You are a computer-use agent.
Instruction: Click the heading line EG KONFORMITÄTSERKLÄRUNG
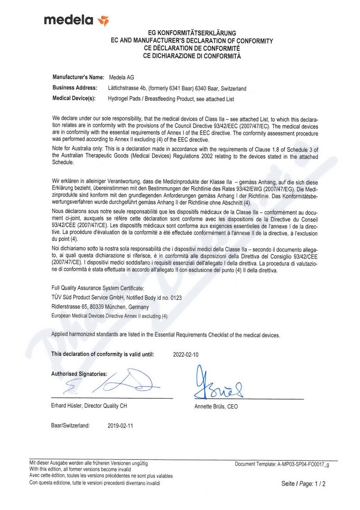[x=192, y=33]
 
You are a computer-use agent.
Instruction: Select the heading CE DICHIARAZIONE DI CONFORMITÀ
[x=192, y=56]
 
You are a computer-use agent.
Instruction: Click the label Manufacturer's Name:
[x=78, y=77]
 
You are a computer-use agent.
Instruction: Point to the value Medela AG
[x=121, y=77]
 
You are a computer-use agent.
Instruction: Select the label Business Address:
[x=75, y=88]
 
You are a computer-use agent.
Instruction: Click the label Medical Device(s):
[x=74, y=99]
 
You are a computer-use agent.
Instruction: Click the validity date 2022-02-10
[x=186, y=354]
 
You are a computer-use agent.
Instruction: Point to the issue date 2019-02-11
[x=120, y=425]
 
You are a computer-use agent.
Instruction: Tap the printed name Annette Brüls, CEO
[x=216, y=407]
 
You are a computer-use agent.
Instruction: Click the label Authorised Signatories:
[x=79, y=373]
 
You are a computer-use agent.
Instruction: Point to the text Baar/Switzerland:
[x=70, y=425]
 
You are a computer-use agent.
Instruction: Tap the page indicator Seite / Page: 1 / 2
[x=303, y=484]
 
